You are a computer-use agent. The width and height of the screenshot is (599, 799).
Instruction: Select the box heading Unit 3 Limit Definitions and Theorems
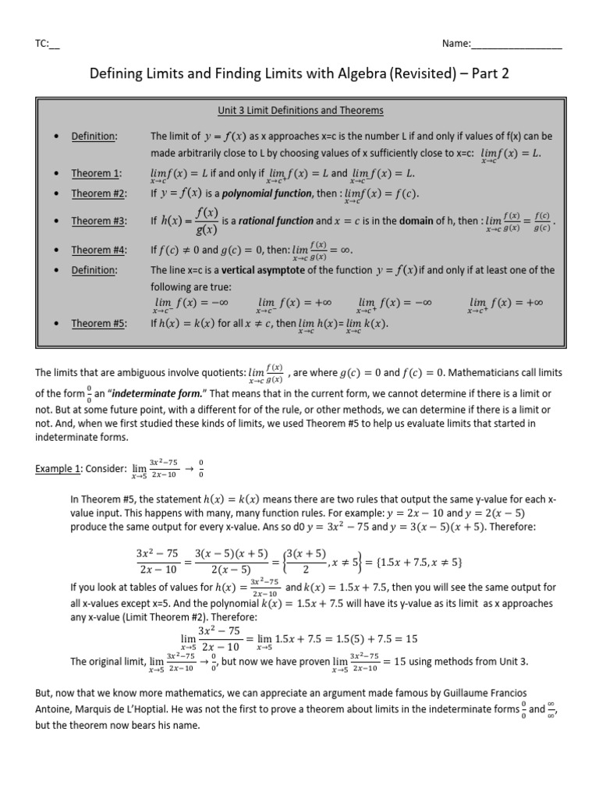point(299,111)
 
